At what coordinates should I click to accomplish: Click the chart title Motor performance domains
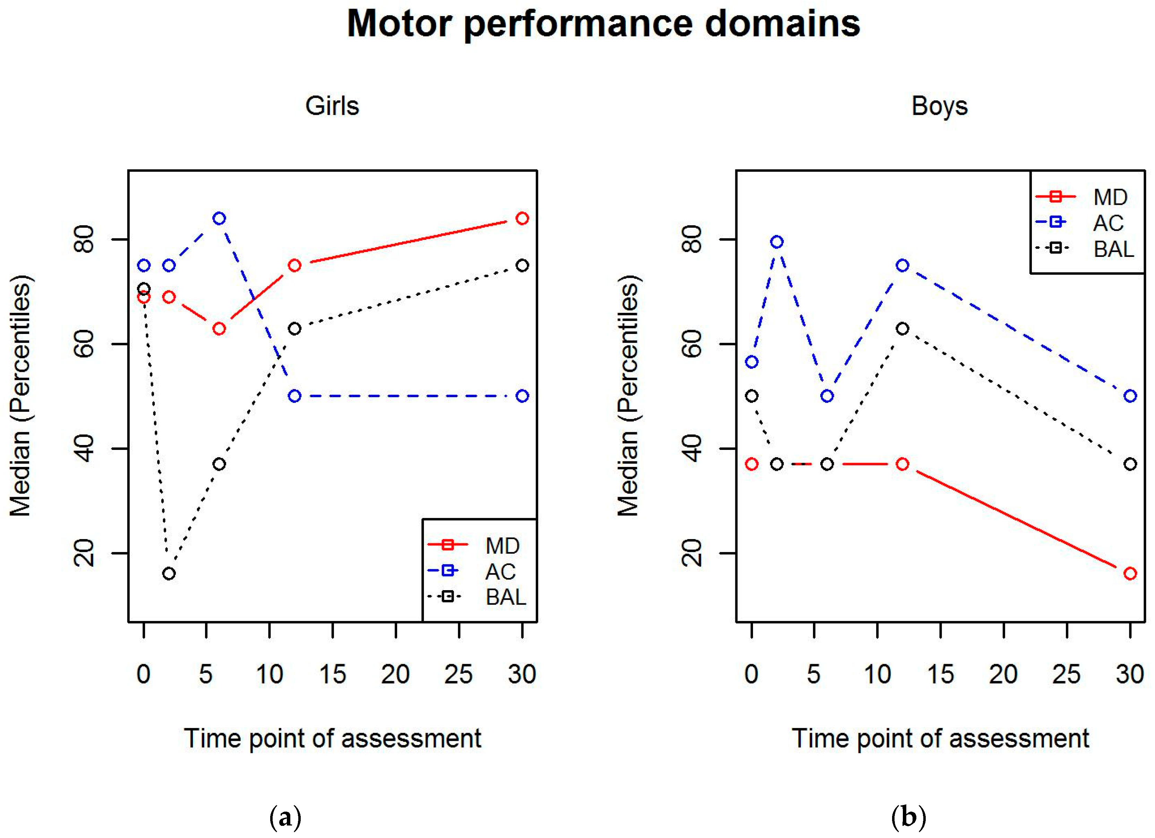pos(604,24)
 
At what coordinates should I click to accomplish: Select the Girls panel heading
pos(332,106)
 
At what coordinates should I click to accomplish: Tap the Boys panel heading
pos(940,106)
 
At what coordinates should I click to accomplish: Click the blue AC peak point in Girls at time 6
pos(219,219)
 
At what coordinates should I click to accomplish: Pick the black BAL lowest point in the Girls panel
pos(169,573)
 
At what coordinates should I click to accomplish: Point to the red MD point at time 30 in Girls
pos(522,219)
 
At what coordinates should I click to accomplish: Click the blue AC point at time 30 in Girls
pos(522,396)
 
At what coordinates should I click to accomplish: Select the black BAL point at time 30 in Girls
pos(522,266)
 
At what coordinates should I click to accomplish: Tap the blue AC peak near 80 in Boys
pos(777,242)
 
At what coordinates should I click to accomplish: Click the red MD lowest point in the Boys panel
pos(1130,573)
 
